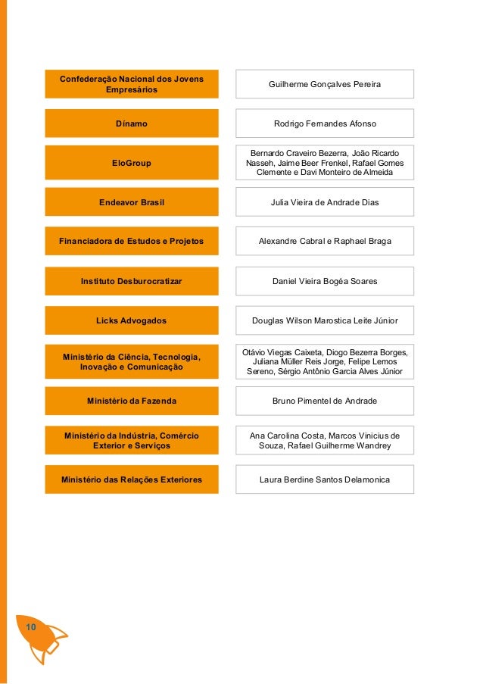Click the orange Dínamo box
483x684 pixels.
point(131,123)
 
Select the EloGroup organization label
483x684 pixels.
point(131,163)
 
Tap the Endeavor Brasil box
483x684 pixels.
point(131,202)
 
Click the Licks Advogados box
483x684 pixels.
point(131,320)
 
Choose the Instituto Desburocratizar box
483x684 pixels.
point(131,281)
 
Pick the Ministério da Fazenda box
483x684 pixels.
point(131,401)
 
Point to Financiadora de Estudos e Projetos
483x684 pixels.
point(131,242)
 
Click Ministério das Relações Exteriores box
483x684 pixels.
point(131,479)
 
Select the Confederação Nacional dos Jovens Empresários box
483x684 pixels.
point(131,84)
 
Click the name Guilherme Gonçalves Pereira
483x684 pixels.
point(325,84)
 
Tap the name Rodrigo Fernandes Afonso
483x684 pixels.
point(325,123)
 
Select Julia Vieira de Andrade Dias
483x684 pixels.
point(325,202)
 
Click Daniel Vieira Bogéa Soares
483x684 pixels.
point(325,281)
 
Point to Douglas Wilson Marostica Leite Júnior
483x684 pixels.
point(325,320)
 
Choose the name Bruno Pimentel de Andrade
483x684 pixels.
point(325,401)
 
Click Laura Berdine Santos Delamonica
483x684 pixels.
point(325,479)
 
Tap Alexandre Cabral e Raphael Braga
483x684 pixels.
point(325,242)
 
